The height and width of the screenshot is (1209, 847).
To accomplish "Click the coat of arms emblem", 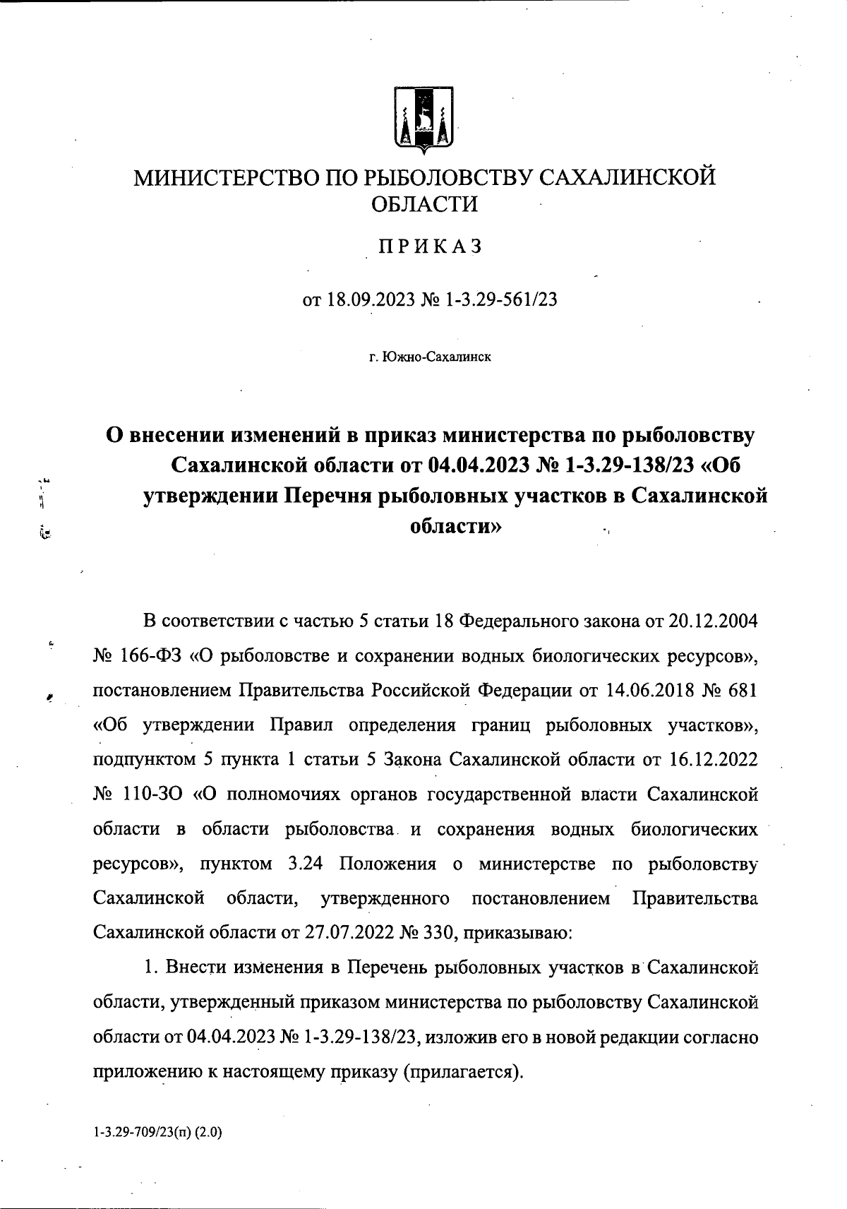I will tap(423, 119).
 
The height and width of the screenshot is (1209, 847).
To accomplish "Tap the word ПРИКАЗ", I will tap(430, 246).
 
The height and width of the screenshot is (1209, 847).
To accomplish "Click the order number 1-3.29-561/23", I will tap(502, 299).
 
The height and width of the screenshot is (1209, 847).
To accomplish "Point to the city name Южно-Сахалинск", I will tap(435, 357).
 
